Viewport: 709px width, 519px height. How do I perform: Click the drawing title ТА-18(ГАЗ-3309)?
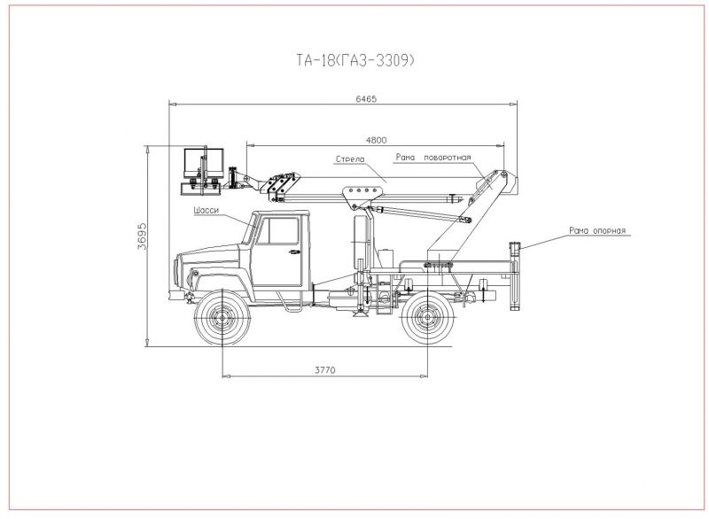pyautogui.click(x=355, y=60)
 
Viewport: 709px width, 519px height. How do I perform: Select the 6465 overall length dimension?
pyautogui.click(x=366, y=99)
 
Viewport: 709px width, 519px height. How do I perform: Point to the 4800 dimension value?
pyautogui.click(x=376, y=140)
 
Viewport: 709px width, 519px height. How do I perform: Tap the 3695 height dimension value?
pyautogui.click(x=142, y=236)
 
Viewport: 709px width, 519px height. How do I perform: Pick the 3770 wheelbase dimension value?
pyautogui.click(x=324, y=370)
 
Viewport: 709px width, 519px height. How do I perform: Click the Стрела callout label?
pyautogui.click(x=350, y=159)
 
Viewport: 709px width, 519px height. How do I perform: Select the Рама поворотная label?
pyautogui.click(x=433, y=157)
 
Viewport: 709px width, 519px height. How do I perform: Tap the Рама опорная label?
pyautogui.click(x=597, y=231)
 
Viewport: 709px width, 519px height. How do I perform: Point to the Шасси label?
pyautogui.click(x=206, y=211)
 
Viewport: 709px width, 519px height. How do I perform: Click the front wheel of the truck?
pyautogui.click(x=222, y=317)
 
